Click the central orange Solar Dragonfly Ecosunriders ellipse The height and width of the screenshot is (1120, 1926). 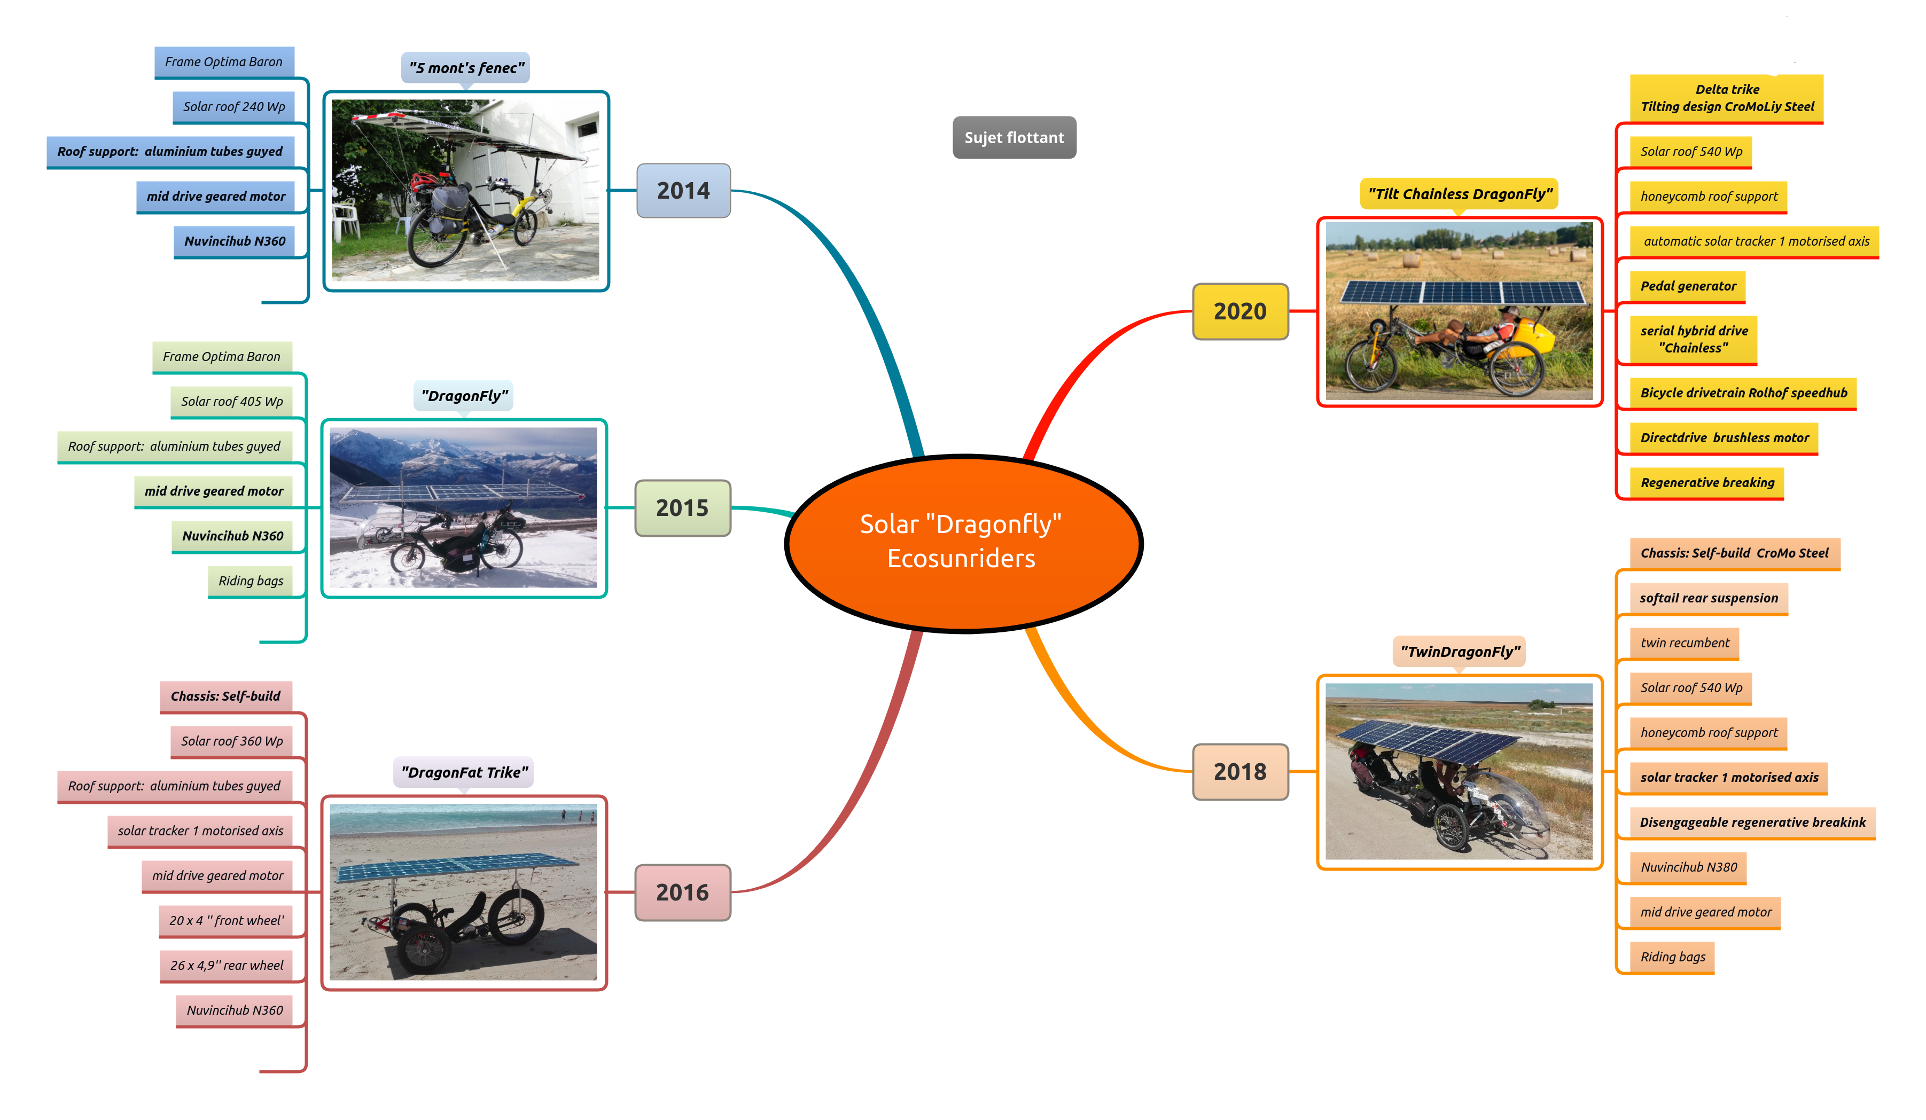963,543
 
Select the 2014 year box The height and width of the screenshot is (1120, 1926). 683,190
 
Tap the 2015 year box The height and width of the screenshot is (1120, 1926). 682,508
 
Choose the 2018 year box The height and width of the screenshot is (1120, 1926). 1239,772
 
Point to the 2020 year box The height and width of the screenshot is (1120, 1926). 1239,311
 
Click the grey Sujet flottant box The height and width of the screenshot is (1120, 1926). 1014,137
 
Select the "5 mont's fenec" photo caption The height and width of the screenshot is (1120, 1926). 466,68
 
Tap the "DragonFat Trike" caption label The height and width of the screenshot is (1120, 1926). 464,772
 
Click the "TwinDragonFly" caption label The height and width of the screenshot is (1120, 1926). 1460,652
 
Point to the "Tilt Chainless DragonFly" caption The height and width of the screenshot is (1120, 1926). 1460,194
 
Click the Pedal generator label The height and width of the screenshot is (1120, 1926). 1688,286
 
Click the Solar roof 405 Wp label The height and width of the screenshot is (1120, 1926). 231,402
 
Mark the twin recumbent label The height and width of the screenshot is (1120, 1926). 1685,643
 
